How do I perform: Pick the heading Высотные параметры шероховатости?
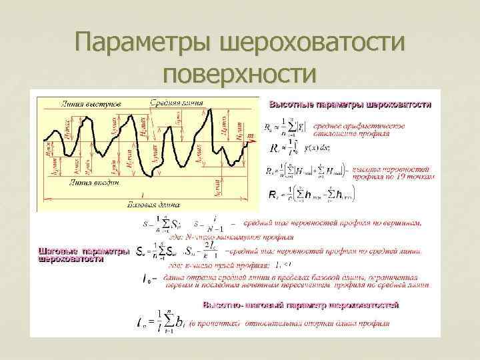350,105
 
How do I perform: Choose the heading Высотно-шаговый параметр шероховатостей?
300,305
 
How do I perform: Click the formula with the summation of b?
166,323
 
